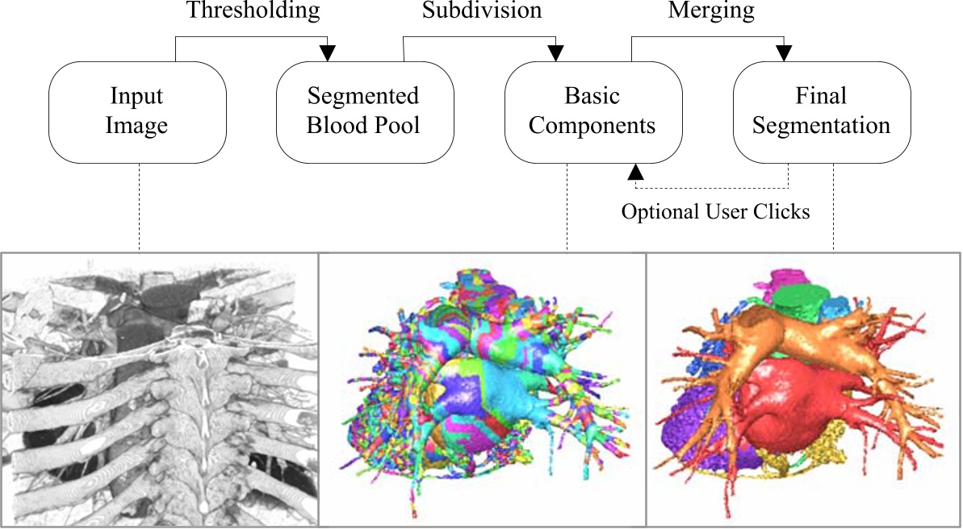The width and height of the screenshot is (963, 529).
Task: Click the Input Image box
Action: pyautogui.click(x=137, y=112)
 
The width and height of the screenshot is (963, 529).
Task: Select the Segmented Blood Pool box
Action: pyautogui.click(x=365, y=112)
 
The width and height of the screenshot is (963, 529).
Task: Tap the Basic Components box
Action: pyautogui.click(x=593, y=112)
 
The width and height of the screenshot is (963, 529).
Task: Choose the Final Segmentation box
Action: pyautogui.click(x=822, y=112)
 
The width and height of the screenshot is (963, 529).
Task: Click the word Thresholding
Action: pyautogui.click(x=253, y=11)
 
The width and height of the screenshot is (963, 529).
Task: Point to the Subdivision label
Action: pyautogui.click(x=481, y=10)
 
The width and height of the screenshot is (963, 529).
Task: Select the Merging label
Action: pyautogui.click(x=711, y=11)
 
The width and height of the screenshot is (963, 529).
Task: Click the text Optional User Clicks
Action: pyautogui.click(x=715, y=211)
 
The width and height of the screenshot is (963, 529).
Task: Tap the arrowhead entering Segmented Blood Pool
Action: pyautogui.click(x=328, y=53)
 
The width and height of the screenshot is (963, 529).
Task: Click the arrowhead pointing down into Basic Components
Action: pyautogui.click(x=556, y=53)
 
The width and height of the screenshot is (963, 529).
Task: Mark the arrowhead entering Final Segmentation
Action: pyautogui.click(x=784, y=53)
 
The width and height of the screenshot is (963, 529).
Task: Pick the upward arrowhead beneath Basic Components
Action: pyautogui.click(x=635, y=172)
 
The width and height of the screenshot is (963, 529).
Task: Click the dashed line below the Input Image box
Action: pyautogui.click(x=140, y=207)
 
